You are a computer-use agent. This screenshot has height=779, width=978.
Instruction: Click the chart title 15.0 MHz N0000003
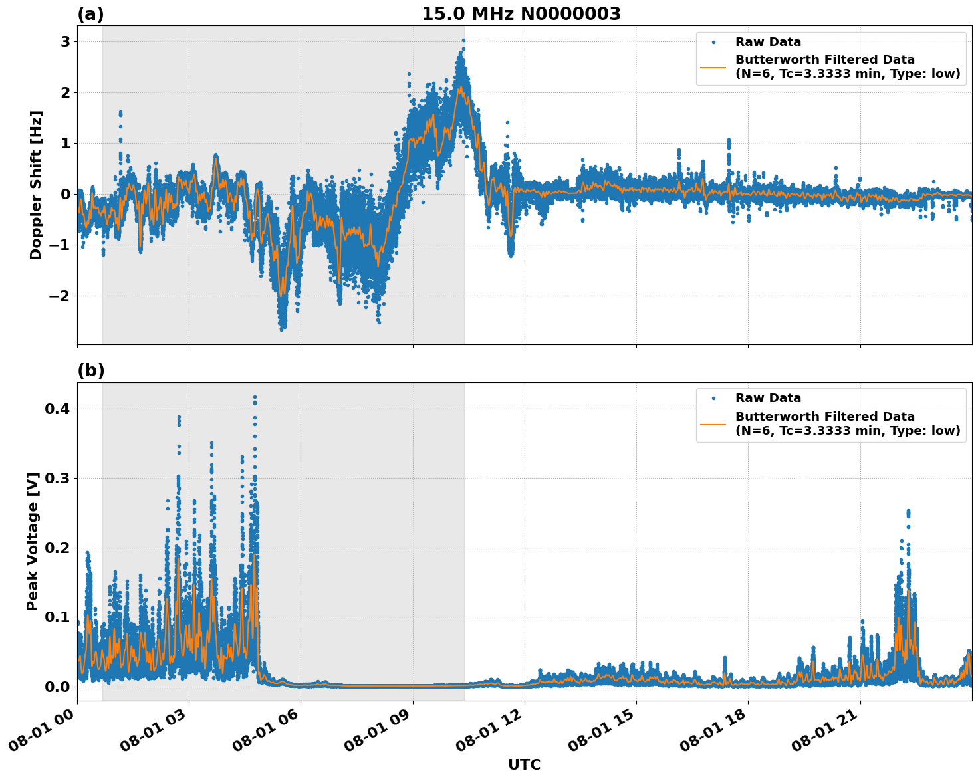[521, 14]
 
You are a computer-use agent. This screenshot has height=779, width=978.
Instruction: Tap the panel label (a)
[90, 14]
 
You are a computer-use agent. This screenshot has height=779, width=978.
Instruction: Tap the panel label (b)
[90, 371]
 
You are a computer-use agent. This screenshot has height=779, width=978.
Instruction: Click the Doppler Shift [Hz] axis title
[36, 185]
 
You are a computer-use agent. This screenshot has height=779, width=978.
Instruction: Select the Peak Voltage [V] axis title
[33, 541]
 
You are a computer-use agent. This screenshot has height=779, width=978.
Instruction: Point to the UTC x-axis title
[524, 764]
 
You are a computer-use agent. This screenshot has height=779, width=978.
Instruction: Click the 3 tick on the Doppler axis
[65, 41]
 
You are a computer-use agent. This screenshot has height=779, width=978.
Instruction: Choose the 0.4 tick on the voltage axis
[57, 409]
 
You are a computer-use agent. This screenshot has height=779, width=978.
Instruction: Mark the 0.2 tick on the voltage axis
[57, 548]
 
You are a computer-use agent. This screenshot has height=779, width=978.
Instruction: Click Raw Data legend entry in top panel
[768, 42]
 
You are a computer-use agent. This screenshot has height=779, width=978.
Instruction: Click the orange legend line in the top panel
[713, 67]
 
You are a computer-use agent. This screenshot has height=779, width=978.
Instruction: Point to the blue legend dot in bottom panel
[713, 399]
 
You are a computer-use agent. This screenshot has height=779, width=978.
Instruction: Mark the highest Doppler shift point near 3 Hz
[463, 40]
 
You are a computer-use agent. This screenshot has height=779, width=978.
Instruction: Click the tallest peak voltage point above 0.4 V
[255, 397]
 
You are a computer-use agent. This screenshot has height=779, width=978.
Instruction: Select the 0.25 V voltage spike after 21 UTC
[908, 512]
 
